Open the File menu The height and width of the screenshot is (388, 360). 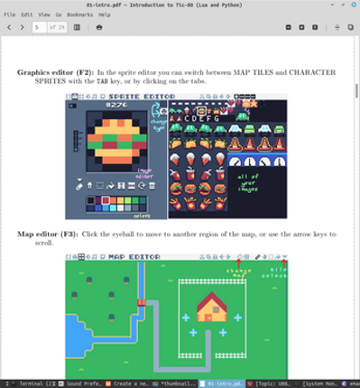coord(10,15)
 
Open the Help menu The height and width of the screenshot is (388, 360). coord(106,15)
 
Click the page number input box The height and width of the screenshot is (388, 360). coord(38,27)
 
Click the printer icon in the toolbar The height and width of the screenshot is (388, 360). coord(99,27)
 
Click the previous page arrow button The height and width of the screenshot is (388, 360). coord(8,27)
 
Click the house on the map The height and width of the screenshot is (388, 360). coord(212,309)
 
